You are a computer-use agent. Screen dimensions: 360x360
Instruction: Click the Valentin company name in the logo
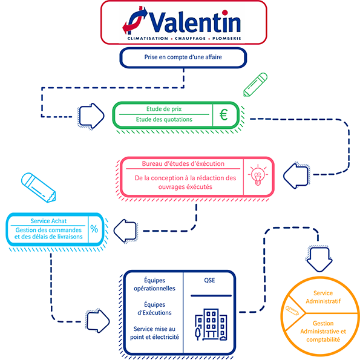tap(195, 22)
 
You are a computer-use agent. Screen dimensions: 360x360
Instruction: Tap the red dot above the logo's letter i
tap(225, 12)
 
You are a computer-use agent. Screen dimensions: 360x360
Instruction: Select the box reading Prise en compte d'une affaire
tap(183, 57)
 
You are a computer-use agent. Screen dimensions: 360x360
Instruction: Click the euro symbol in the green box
tap(223, 114)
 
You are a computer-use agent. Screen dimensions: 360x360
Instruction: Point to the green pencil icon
tap(255, 85)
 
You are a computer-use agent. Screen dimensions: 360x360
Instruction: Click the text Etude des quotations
tap(164, 119)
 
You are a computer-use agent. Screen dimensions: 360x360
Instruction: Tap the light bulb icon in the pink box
tap(258, 175)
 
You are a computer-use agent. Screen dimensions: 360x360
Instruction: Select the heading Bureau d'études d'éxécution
tap(183, 164)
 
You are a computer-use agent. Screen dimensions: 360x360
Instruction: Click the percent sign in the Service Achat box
tap(94, 229)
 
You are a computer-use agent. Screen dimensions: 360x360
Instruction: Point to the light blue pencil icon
tap(38, 188)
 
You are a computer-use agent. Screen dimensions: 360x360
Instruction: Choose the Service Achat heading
tap(48, 221)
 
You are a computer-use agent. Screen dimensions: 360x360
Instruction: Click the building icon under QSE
tap(211, 324)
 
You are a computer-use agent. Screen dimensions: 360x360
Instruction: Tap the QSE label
tap(209, 280)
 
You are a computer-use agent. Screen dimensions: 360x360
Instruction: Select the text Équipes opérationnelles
tap(154, 284)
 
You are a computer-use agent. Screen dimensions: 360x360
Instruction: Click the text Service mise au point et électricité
tap(154, 333)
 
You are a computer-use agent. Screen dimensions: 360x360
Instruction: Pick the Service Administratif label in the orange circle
tap(323, 297)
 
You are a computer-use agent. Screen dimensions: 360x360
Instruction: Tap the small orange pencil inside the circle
tap(292, 310)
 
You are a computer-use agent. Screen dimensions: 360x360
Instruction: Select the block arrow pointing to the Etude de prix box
tap(91, 116)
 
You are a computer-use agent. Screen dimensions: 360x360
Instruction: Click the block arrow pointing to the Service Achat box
tap(126, 231)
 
